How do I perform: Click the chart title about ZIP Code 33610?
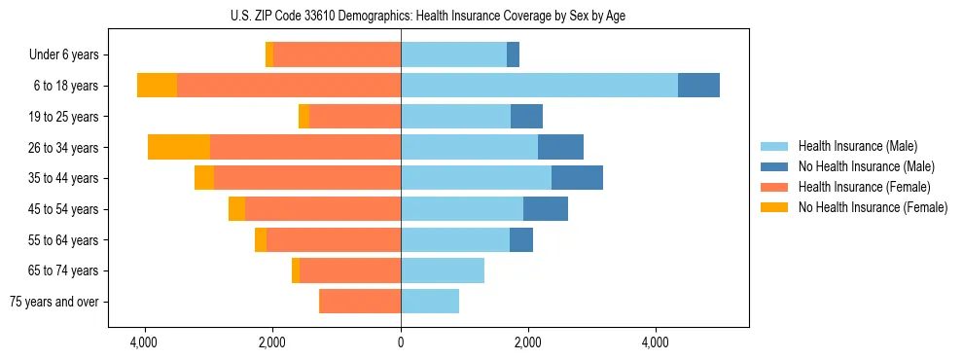tap(400, 16)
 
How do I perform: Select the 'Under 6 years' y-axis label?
tap(69, 55)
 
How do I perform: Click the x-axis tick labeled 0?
tap(400, 342)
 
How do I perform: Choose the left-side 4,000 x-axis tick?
tap(145, 342)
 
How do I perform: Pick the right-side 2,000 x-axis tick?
tap(528, 342)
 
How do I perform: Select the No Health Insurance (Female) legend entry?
tap(873, 207)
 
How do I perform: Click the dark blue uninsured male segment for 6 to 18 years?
tap(698, 86)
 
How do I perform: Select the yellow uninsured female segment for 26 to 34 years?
tap(179, 147)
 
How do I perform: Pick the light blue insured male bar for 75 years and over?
tap(430, 302)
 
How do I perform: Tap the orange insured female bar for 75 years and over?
tap(360, 302)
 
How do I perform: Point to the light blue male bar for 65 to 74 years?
tap(443, 270)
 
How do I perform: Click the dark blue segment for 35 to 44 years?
tap(577, 178)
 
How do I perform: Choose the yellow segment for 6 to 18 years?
tap(157, 86)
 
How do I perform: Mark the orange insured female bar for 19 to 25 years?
tap(355, 117)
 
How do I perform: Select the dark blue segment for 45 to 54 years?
tap(546, 209)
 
